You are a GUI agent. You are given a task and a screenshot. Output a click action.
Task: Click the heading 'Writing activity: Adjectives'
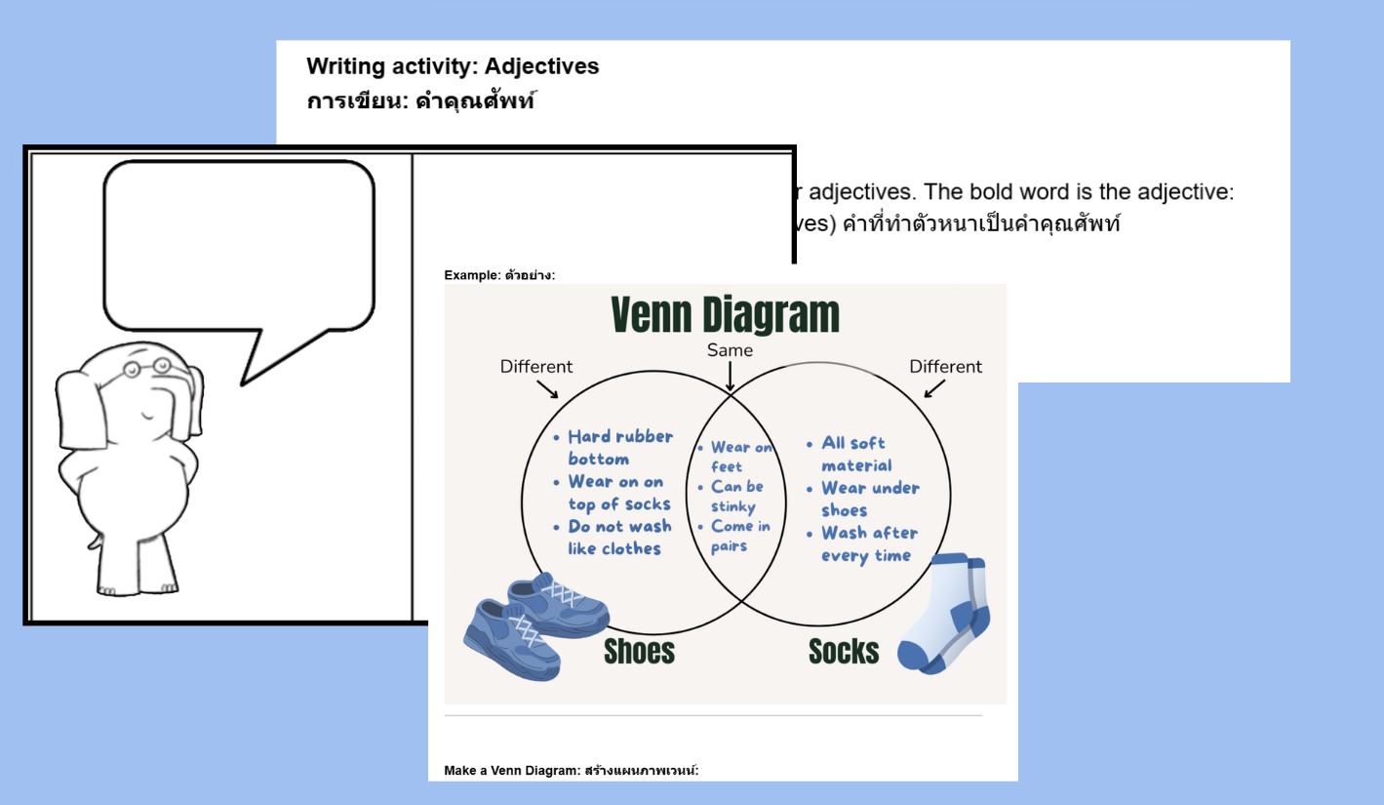(453, 66)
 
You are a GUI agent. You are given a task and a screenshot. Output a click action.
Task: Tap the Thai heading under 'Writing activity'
(420, 101)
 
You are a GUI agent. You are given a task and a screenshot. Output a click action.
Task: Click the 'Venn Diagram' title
(725, 315)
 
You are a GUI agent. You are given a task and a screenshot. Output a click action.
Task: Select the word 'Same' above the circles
(730, 350)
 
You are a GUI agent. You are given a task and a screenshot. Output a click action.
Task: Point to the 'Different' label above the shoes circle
(536, 367)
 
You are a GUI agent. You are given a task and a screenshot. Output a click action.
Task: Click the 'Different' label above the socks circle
(945, 367)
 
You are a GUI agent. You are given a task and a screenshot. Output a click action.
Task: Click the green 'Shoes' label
(639, 651)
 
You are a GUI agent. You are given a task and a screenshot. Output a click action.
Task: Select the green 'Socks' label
(844, 651)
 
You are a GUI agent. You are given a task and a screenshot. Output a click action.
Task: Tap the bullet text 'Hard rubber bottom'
(619, 448)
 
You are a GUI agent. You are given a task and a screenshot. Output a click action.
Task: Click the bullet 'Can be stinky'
(736, 497)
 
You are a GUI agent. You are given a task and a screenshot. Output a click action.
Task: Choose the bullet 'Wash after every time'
(868, 544)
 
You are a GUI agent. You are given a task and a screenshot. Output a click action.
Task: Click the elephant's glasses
(146, 368)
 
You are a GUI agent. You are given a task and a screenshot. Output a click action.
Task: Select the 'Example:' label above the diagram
(472, 275)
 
